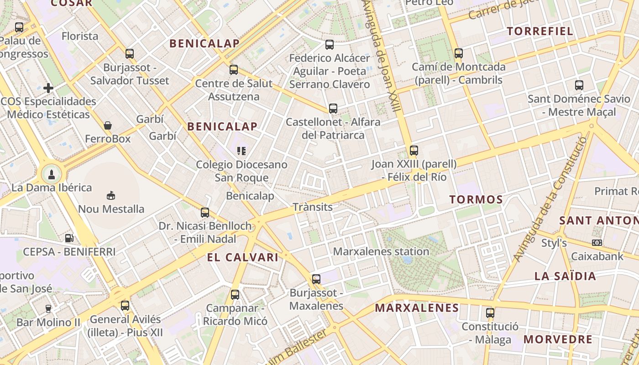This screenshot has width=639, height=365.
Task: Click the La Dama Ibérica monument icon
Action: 52,174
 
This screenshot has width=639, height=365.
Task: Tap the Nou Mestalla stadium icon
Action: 110,195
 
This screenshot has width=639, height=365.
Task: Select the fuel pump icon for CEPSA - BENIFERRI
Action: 69,238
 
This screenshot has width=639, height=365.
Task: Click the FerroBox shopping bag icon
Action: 108,125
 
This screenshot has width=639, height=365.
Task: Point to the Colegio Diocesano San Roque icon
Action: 241,151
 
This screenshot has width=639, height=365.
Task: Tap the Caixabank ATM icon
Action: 597,243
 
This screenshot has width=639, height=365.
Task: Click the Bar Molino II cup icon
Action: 48,308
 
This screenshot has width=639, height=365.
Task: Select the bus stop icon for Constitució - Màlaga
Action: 490,313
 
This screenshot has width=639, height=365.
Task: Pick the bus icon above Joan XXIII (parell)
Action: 414,150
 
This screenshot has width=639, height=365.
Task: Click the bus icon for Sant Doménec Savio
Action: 579,85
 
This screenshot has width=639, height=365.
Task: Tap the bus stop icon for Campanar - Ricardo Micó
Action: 235,295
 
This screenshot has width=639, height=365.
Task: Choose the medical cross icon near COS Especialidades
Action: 48,88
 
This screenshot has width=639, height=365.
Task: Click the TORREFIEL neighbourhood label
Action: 540,31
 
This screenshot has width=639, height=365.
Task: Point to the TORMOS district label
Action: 476,199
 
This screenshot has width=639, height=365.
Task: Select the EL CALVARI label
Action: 242,257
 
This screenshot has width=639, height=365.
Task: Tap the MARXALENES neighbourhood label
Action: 417,308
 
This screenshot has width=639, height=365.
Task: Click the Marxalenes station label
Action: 381,251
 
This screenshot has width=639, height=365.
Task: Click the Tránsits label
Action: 313,207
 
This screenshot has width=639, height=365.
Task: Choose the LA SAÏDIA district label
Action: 565,276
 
